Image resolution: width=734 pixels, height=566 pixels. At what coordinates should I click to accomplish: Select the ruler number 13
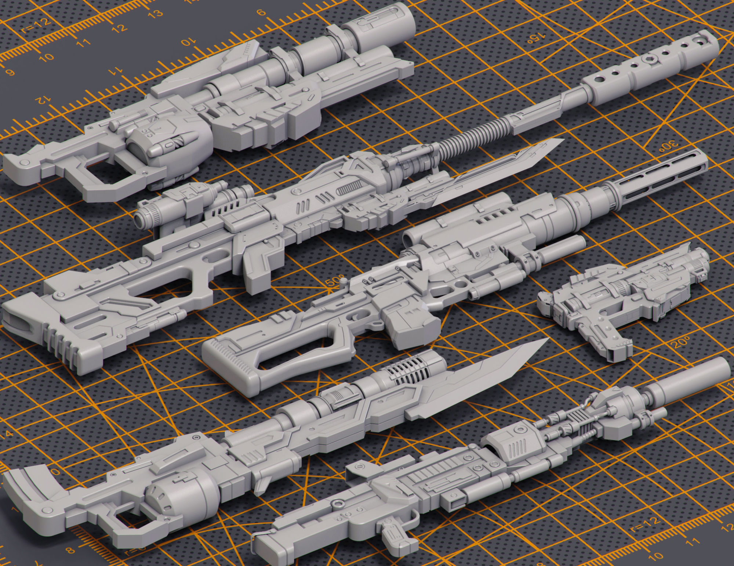click(x=156, y=14)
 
